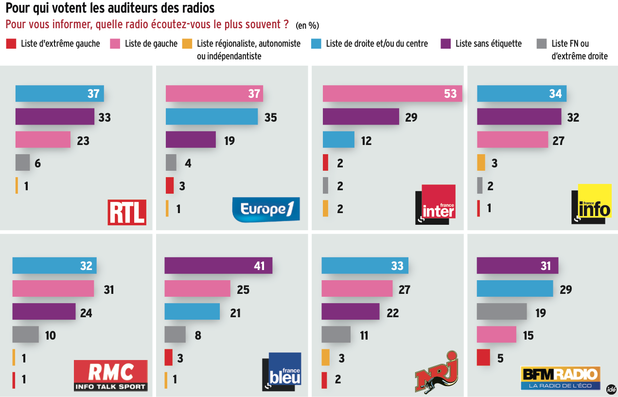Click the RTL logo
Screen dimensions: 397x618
coord(126,212)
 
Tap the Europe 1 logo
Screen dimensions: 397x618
coord(266,209)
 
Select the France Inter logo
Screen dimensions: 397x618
coord(435,204)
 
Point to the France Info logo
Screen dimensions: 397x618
coord(591,204)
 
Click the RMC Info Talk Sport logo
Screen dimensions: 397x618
coord(110,376)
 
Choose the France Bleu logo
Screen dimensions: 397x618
coord(282,372)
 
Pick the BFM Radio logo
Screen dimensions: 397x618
coord(560,378)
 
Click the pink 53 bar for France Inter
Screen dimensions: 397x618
coord(392,93)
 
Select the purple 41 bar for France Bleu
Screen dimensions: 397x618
coord(218,266)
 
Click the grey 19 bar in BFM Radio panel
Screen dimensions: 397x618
coord(501,312)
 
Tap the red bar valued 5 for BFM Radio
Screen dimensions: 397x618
coord(483,358)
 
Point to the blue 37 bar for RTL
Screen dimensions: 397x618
coord(59,93)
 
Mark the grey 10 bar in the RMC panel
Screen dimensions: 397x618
coord(25,335)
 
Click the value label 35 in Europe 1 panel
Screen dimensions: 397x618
coord(270,117)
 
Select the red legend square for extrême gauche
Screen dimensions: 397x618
coord(11,44)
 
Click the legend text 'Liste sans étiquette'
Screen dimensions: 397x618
coord(488,44)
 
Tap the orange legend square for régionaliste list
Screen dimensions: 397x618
coord(187,44)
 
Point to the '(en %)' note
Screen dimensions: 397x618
coord(307,25)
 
